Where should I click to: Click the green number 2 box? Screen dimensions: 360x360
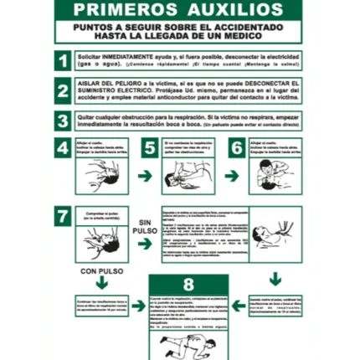63,90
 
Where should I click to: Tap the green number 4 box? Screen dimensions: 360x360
64,148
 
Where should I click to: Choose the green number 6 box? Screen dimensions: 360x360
237,148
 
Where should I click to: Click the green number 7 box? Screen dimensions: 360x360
64,213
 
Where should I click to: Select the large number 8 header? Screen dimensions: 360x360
188,284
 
